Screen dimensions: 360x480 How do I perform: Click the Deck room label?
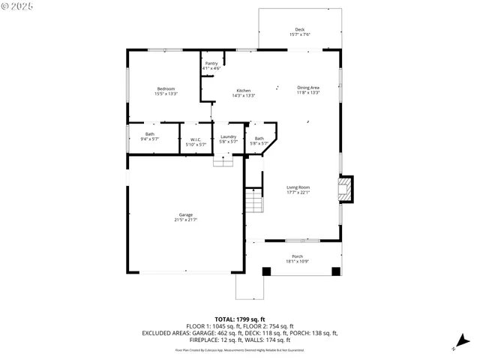click(x=300, y=32)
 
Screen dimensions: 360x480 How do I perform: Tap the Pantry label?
click(x=212, y=66)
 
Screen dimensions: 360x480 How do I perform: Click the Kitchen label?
click(x=244, y=93)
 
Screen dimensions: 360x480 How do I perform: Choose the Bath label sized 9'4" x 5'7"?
click(x=150, y=136)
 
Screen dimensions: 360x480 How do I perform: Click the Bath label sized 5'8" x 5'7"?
click(x=259, y=140)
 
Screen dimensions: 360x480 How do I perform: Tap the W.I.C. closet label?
click(x=195, y=141)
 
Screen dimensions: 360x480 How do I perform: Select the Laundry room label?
click(x=228, y=139)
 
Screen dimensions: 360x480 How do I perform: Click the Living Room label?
click(x=298, y=190)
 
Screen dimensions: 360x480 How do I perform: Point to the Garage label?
click(x=185, y=217)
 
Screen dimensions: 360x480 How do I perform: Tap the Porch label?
click(x=298, y=259)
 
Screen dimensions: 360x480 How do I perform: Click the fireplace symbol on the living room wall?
click(x=345, y=189)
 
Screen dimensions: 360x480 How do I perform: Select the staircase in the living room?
click(x=254, y=202)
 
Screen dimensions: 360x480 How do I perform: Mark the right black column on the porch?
click(x=335, y=271)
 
